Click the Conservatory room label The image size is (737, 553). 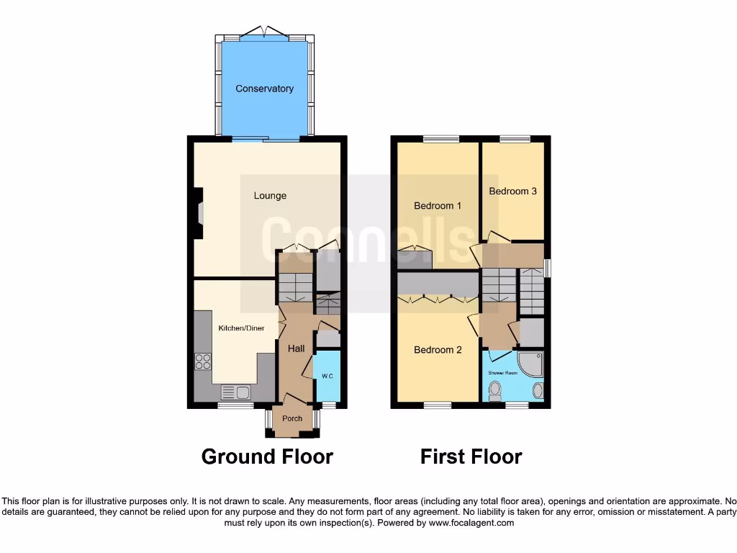265,89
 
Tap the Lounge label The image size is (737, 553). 270,195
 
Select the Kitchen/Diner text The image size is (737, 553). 242,328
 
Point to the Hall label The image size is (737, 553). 296,349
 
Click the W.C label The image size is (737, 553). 327,376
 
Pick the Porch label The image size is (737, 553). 292,418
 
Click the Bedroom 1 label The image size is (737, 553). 438,206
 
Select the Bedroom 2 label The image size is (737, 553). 438,350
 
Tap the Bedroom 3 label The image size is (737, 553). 512,192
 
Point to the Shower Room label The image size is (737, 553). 503,373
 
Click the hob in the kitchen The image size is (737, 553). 203,362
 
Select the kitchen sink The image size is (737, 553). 235,392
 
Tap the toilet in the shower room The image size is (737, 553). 494,391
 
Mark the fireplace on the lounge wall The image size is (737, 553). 199,212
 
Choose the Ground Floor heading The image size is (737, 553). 267,457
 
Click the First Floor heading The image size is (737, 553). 471,457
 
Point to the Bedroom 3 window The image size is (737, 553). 515,139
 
